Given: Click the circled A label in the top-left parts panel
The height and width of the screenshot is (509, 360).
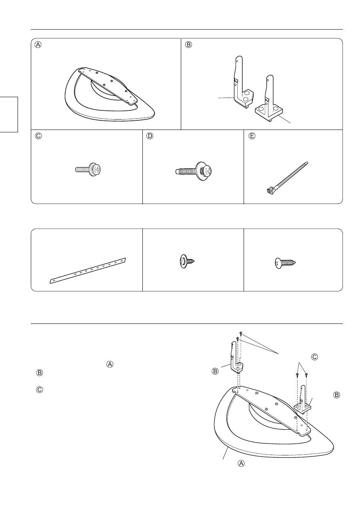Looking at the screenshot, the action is point(38,45).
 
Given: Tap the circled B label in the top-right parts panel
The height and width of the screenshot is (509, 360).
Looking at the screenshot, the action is point(188,45).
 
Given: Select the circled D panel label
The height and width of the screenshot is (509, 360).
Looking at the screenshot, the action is point(150,136).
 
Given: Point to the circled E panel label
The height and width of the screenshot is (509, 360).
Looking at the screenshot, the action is point(252,136).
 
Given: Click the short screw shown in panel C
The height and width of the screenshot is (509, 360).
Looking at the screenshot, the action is point(88,170).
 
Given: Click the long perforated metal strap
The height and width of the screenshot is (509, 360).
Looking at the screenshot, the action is point(88,271).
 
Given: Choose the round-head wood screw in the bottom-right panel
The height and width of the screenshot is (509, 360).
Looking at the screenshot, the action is point(285,263).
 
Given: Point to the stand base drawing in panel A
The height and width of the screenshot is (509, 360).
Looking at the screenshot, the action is point(110,94).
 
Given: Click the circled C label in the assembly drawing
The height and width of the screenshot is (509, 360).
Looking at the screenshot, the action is point(314,357).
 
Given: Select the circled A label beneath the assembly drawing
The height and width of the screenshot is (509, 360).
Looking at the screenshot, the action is point(241,463).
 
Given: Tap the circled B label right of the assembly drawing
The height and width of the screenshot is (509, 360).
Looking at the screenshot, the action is point(336,395).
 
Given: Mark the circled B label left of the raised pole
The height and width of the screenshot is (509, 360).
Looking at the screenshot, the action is point(215,371).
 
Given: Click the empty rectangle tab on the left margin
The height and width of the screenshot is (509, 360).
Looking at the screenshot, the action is point(9,114).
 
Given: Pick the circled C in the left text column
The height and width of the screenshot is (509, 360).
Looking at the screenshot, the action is point(39,390).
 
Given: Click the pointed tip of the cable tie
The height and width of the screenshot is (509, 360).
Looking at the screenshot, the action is point(307,162).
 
